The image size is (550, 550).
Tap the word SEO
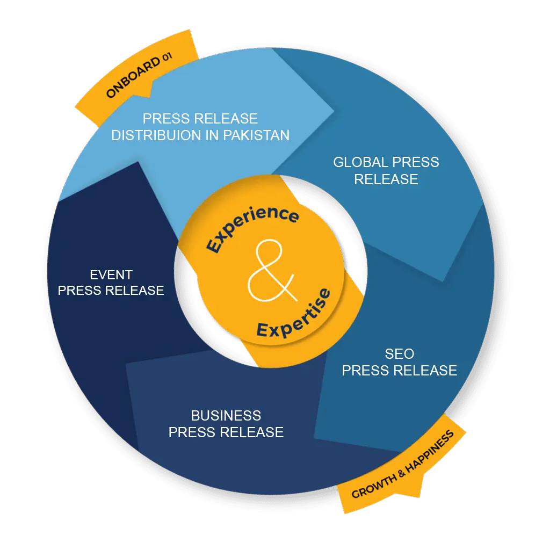point(399,353)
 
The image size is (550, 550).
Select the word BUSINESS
point(226,415)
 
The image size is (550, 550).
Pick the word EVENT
point(111,275)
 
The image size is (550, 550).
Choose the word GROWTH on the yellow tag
point(371,487)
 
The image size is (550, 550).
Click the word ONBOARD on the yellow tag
point(132,78)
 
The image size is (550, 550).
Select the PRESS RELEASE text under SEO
point(399,370)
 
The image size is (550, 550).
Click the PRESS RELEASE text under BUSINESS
point(226,432)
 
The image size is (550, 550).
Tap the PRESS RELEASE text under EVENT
point(111,291)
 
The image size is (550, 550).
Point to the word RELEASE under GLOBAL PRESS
point(386,179)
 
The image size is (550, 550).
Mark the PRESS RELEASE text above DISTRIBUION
point(200,118)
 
